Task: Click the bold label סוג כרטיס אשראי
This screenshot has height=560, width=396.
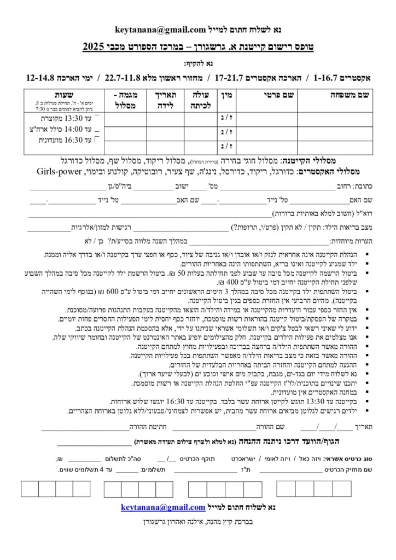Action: click(348, 458)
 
